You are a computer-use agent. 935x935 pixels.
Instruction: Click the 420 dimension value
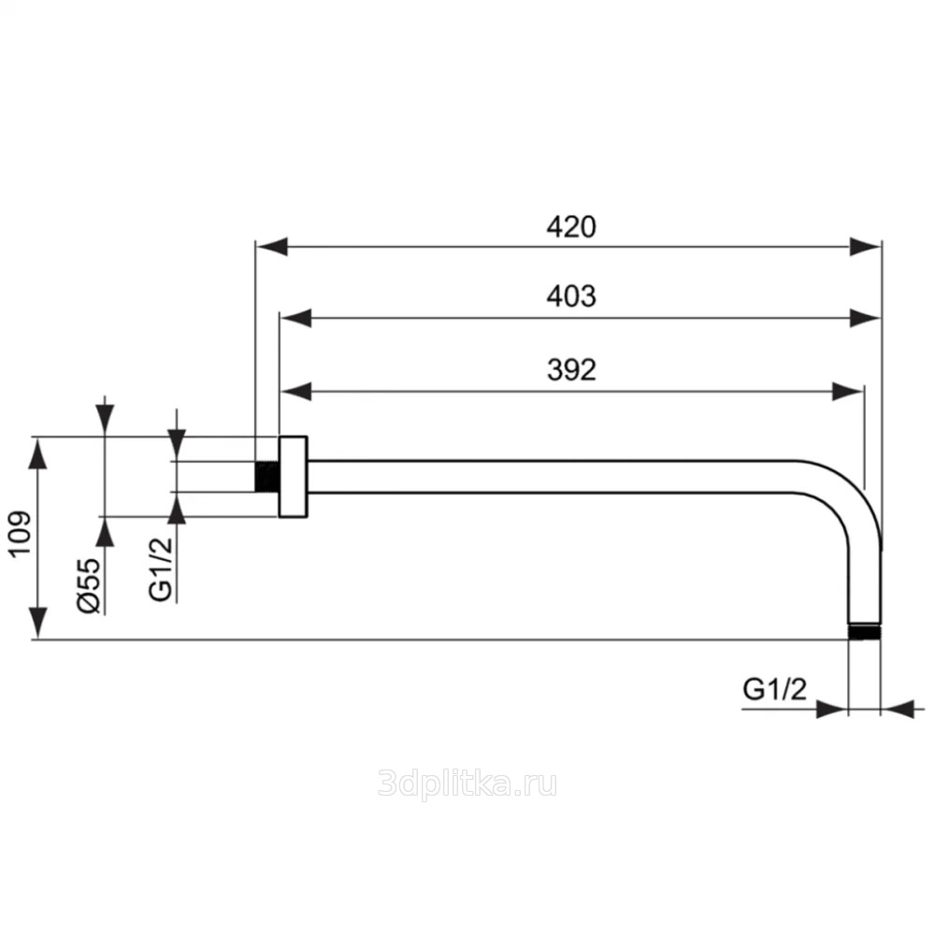(x=570, y=227)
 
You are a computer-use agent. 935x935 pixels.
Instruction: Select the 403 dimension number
(x=570, y=296)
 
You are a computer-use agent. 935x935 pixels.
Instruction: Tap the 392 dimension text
(x=571, y=370)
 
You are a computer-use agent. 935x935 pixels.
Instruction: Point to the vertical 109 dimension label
(x=21, y=534)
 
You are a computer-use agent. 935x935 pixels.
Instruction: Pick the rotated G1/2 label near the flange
(x=161, y=568)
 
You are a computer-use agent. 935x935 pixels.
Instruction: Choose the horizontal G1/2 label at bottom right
(x=774, y=689)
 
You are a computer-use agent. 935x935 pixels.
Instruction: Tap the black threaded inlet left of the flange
(x=267, y=477)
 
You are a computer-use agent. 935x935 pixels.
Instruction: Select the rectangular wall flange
(x=293, y=477)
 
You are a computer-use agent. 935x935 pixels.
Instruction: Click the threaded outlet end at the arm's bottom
(x=864, y=632)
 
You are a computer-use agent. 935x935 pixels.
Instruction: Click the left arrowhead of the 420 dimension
(x=271, y=246)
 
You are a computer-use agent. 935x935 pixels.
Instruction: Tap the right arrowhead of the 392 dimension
(x=847, y=392)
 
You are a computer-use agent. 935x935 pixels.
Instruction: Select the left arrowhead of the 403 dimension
(x=295, y=319)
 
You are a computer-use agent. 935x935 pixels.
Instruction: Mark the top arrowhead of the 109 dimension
(x=38, y=453)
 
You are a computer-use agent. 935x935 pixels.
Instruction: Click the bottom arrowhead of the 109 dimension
(x=38, y=623)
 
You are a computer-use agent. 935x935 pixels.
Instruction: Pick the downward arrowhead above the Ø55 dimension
(x=105, y=420)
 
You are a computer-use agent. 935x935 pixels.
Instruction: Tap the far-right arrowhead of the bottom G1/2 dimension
(x=898, y=710)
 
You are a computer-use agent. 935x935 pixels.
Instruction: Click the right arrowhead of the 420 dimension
(x=866, y=246)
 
